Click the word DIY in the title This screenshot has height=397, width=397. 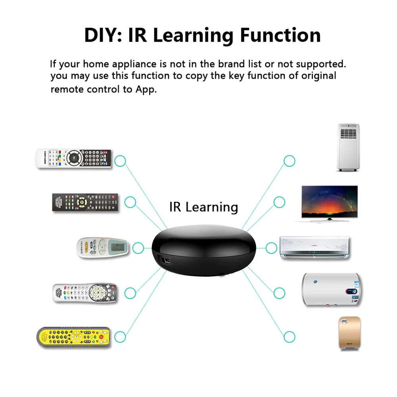(x=100, y=35)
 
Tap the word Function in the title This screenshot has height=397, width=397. (x=280, y=35)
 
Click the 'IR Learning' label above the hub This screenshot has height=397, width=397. (x=204, y=207)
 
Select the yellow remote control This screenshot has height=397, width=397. (x=74, y=337)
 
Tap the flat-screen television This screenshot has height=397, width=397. (x=330, y=203)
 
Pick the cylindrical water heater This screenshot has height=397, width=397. (x=331, y=289)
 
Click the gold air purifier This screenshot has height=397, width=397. (x=349, y=333)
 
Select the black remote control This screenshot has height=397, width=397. (x=85, y=202)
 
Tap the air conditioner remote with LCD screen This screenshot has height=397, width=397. (x=102, y=248)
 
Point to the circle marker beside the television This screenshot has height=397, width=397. (x=279, y=202)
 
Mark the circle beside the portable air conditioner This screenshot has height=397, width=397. (x=289, y=161)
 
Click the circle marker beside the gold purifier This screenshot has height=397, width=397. (x=289, y=337)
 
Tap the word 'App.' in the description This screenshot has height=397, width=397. (x=145, y=89)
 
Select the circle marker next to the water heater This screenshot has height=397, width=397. (x=279, y=293)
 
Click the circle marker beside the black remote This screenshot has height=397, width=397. (x=130, y=202)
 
